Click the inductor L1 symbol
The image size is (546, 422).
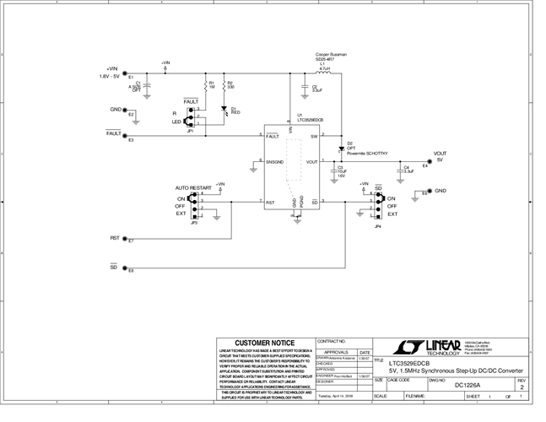pos(322,73)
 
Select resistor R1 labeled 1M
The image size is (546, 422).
pos(206,84)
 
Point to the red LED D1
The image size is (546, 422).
pos(224,109)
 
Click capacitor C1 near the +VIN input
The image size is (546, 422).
pos(148,85)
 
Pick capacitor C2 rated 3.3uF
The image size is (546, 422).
pos(304,87)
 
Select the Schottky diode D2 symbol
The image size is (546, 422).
pos(340,147)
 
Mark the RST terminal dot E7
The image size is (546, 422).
pos(124,241)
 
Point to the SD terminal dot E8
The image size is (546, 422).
pos(124,268)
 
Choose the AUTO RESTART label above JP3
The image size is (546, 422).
pos(193,187)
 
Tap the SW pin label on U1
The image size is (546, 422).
pos(314,136)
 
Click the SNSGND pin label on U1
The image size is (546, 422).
pos(273,161)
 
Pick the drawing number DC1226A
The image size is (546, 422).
pos(470,385)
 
